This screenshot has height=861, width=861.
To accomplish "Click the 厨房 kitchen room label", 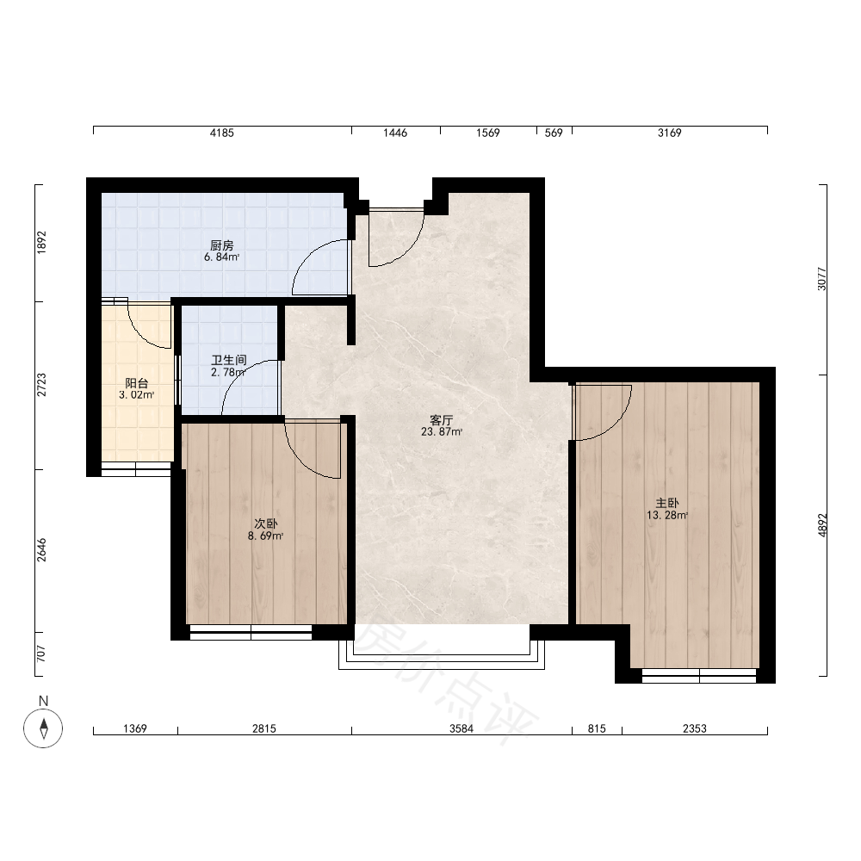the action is pyautogui.click(x=222, y=245).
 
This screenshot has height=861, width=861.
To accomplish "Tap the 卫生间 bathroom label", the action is pyautogui.click(x=229, y=360).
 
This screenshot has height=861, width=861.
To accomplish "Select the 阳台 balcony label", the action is pyautogui.click(x=137, y=383).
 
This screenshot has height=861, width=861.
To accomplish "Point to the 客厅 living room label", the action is pyautogui.click(x=442, y=421).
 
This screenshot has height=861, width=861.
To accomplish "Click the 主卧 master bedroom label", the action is pyautogui.click(x=667, y=503).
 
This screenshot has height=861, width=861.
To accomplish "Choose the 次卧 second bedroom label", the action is pyautogui.click(x=266, y=523).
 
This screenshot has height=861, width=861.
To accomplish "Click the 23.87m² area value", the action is pyautogui.click(x=442, y=432).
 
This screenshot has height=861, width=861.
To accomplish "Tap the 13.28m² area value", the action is pyautogui.click(x=667, y=515).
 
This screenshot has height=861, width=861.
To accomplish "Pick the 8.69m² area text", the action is pyautogui.click(x=266, y=536).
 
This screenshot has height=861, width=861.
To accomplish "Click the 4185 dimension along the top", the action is pyautogui.click(x=222, y=133).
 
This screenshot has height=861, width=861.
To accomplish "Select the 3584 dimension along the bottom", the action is pyautogui.click(x=461, y=728).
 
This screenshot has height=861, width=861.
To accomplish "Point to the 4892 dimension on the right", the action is pyautogui.click(x=822, y=525).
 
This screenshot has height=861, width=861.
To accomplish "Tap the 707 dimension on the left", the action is pyautogui.click(x=41, y=653).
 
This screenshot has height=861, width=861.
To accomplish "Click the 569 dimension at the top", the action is pyautogui.click(x=554, y=133).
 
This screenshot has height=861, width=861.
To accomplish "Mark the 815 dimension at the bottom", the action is pyautogui.click(x=597, y=728).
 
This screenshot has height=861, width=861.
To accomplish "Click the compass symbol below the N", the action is pyautogui.click(x=43, y=728).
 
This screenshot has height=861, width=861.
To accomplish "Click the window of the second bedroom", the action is pyautogui.click(x=251, y=633).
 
